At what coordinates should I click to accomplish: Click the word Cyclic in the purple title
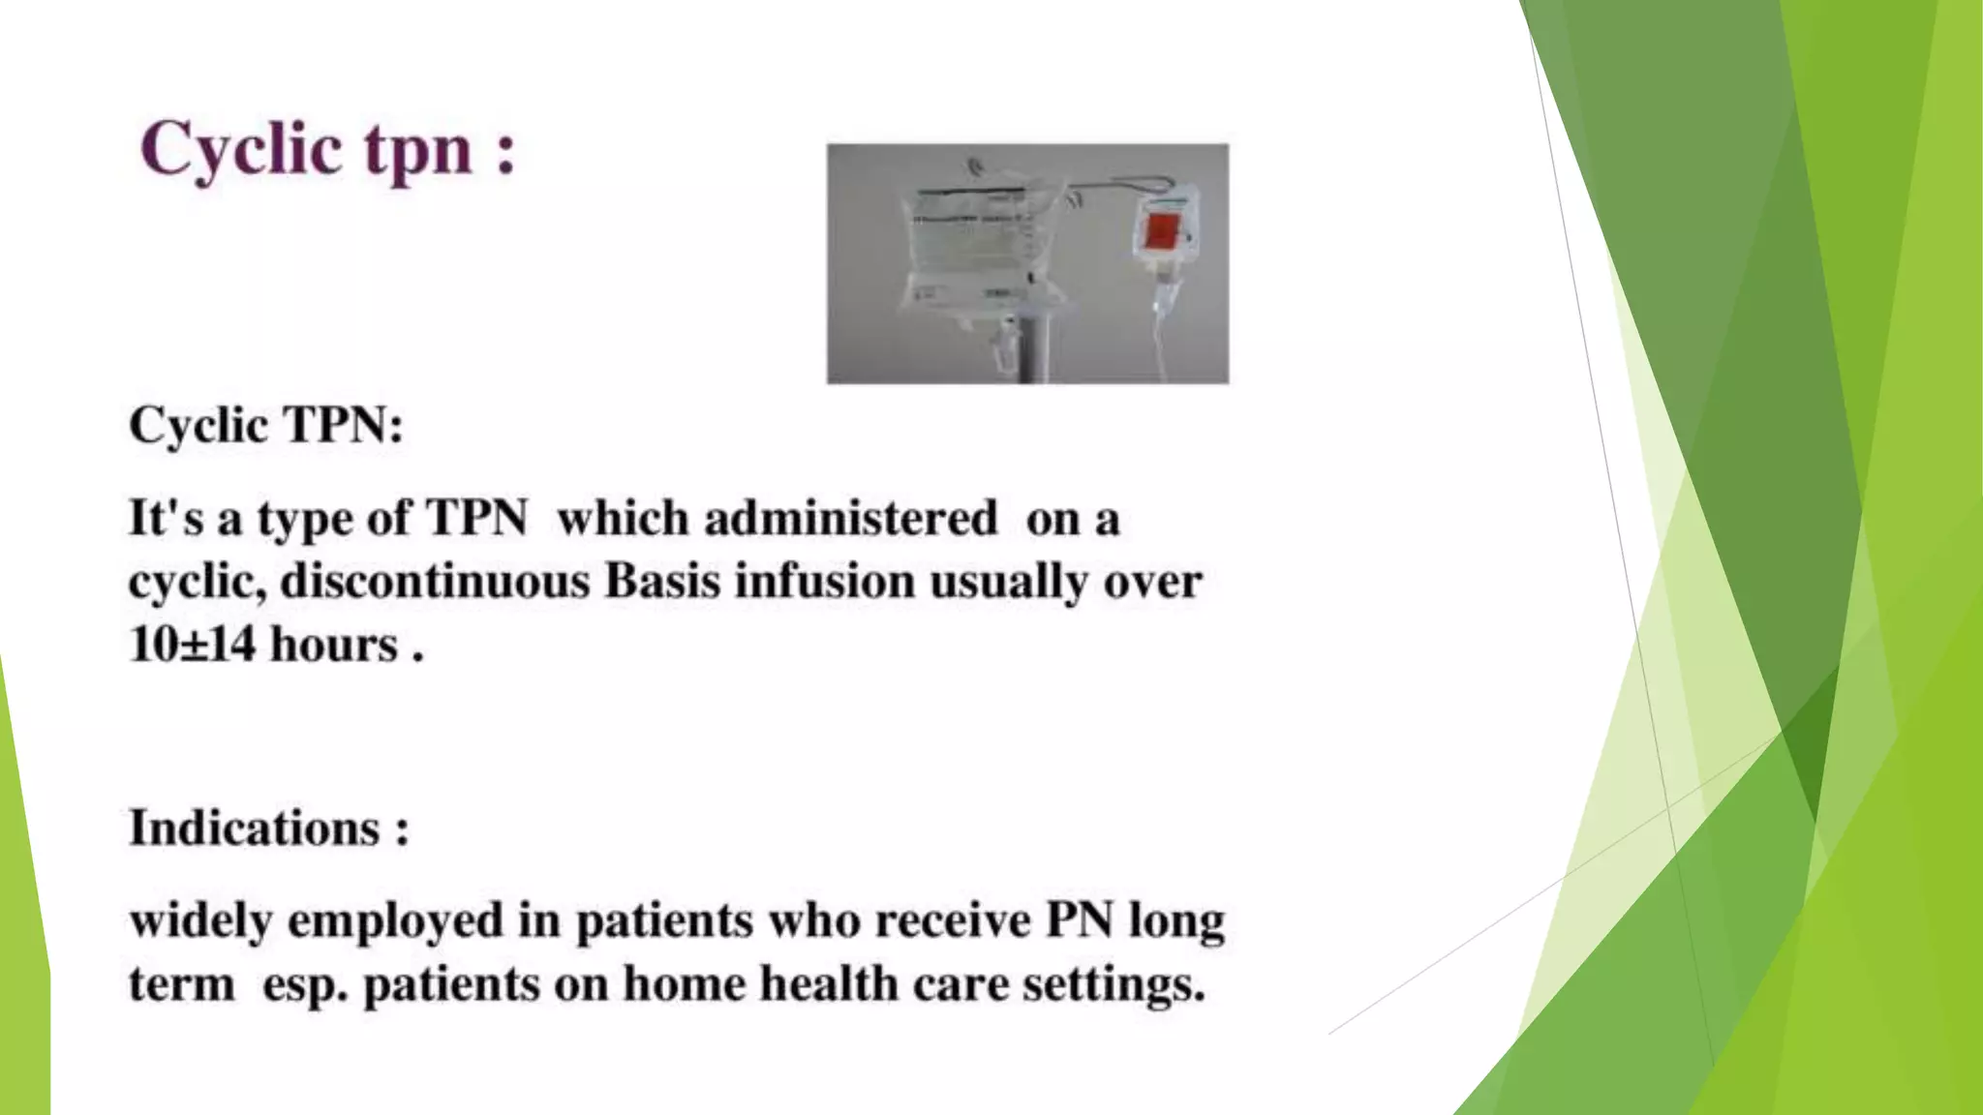point(241,150)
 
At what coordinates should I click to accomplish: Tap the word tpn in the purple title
point(418,153)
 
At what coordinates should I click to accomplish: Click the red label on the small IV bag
point(1162,232)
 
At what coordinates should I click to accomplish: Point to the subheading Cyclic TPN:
point(266,425)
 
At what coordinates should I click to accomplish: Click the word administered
point(850,519)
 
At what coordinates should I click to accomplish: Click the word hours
point(334,645)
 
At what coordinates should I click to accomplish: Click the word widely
point(200,920)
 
